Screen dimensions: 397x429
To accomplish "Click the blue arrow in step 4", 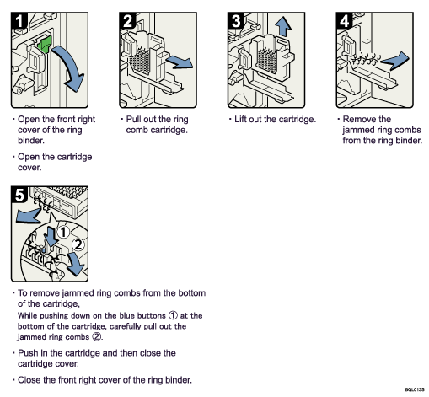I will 396,59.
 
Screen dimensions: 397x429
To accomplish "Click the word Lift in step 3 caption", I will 243,120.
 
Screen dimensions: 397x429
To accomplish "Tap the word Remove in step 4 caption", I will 361,120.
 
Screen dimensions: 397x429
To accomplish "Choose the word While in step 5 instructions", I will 29,315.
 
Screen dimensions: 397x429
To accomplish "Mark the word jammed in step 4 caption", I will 360,131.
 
